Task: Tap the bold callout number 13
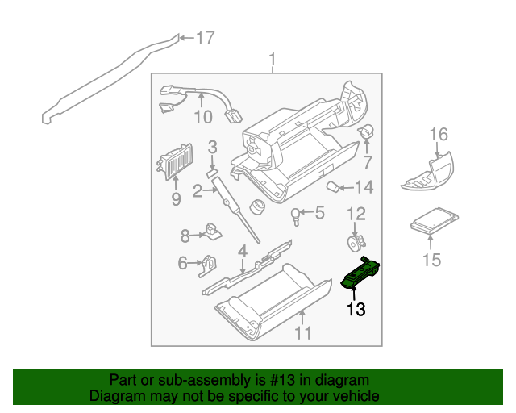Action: tap(356, 308)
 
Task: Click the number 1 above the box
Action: tap(273, 59)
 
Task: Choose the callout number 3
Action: tap(213, 147)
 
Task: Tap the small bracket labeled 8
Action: tap(213, 232)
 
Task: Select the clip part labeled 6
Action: tap(208, 263)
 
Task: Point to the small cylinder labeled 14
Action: tap(331, 187)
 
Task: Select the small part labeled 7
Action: tap(366, 131)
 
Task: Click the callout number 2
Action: tap(197, 191)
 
